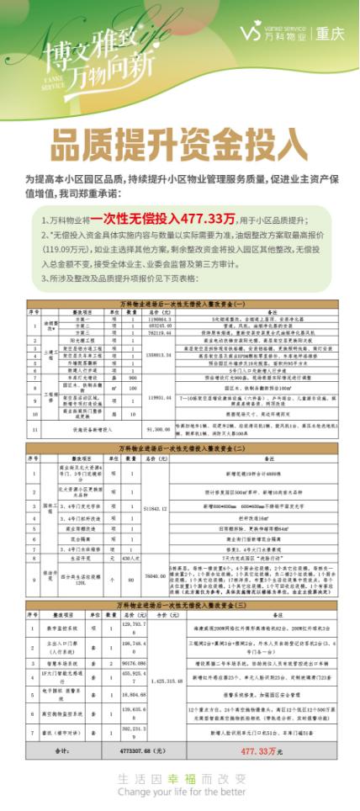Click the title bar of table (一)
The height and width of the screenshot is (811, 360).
180,300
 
